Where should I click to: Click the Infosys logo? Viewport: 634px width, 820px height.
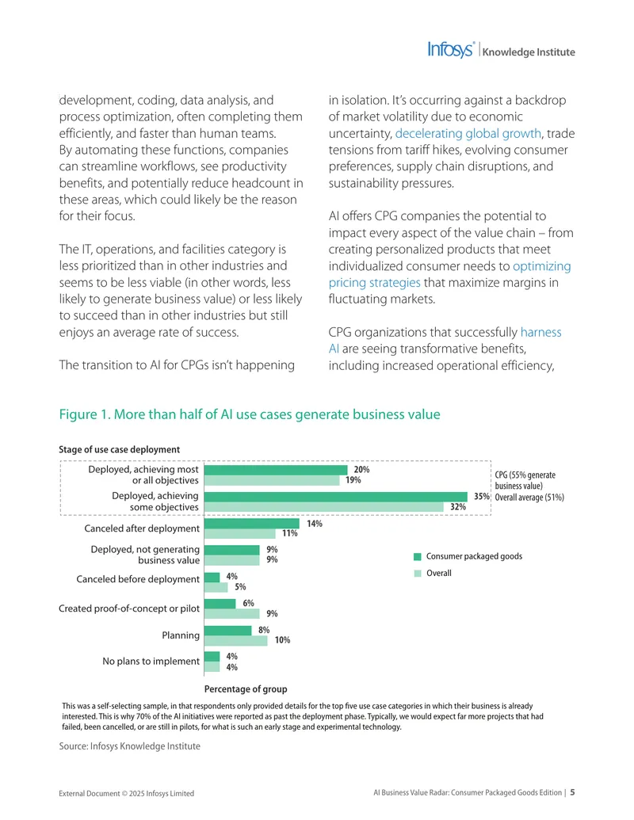tap(451, 50)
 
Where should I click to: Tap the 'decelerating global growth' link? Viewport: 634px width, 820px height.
tap(468, 133)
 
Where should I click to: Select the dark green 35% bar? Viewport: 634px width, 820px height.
tap(336, 496)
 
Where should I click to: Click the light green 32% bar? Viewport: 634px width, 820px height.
tap(324, 507)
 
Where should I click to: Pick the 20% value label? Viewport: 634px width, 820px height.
tap(361, 470)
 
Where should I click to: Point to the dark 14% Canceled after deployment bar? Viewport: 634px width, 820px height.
tap(251, 524)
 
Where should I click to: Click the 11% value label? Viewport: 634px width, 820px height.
tap(290, 533)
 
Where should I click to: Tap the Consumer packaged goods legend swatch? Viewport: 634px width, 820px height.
tap(418, 556)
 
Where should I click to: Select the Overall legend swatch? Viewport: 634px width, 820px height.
tap(418, 573)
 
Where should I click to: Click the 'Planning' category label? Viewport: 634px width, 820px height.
tap(181, 635)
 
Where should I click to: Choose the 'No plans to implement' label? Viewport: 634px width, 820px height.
tap(151, 661)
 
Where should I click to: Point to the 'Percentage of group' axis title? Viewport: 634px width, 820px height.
tap(246, 689)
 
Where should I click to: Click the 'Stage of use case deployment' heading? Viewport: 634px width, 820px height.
tap(119, 450)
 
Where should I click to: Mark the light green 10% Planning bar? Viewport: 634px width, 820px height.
tap(236, 641)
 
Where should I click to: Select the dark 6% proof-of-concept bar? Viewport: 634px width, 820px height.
tap(220, 604)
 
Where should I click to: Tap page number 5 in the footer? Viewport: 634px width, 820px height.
tap(572, 792)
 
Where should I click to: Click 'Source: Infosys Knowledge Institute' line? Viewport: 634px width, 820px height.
tap(129, 746)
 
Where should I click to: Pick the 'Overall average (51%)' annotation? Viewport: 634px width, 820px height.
tap(529, 498)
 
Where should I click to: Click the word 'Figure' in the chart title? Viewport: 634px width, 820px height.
tap(78, 414)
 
